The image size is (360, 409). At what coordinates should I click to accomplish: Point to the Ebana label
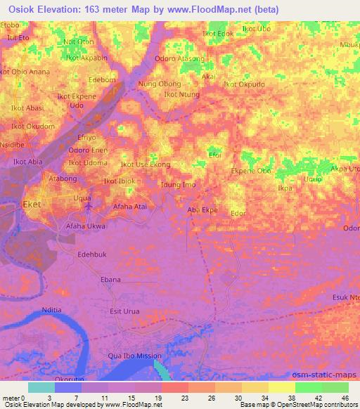(111, 280)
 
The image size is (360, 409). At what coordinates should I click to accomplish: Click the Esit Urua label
(125, 311)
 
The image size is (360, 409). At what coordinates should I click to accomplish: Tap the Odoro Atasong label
(179, 58)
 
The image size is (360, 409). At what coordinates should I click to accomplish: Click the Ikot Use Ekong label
(146, 164)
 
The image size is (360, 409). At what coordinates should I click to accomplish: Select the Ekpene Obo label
(251, 171)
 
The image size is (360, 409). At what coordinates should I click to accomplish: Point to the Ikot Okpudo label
(244, 84)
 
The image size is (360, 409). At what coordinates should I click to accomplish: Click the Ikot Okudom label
(32, 126)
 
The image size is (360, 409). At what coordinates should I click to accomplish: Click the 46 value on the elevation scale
(345, 398)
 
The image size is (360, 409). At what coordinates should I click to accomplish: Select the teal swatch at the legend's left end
(41, 387)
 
